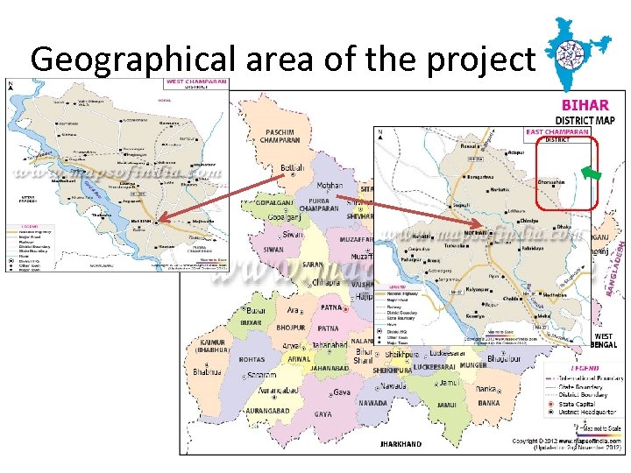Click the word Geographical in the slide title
point(131,59)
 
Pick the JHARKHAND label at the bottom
point(401,444)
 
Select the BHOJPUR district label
point(291,328)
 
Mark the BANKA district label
point(489,404)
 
